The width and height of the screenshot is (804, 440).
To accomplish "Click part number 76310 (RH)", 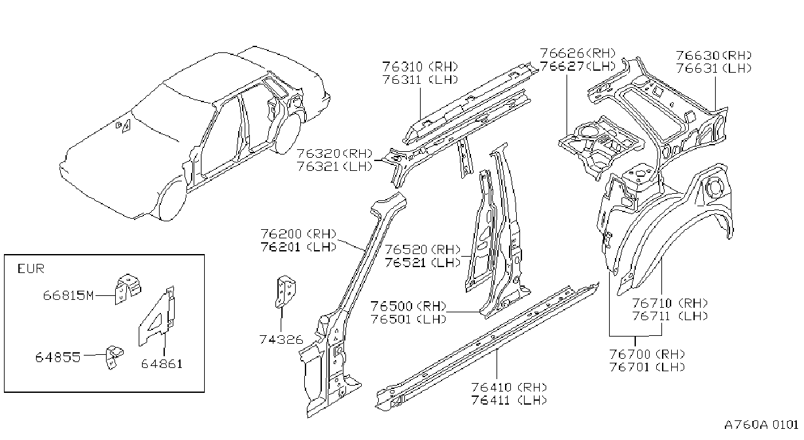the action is point(420,67).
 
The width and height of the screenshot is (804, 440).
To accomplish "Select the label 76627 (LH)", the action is point(578,66).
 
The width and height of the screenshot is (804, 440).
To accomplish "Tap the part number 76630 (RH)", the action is point(714,56).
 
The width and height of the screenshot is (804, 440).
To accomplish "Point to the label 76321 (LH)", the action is point(334,167).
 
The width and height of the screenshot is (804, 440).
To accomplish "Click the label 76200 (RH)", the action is point(298,234).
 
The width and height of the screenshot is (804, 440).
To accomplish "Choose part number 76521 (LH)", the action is point(423,263).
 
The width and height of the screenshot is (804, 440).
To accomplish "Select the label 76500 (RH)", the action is point(408,306).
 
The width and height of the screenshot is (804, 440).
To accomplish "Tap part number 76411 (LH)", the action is point(509,400).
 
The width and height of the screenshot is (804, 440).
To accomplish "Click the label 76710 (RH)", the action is point(670,304).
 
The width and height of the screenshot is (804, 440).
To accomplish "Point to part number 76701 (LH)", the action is point(647,367).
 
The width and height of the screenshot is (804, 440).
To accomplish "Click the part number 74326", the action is point(281,340).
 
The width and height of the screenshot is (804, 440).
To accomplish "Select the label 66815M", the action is point(68,295).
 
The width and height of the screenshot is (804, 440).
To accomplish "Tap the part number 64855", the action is point(58,357).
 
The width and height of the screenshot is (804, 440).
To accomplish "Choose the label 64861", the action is point(162,364).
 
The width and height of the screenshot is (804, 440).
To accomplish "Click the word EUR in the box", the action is point(31,268).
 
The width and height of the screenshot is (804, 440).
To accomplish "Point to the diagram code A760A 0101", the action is point(761,425).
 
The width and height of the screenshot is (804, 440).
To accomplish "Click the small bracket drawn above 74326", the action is point(286,291).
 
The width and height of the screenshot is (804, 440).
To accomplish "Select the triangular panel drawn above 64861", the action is point(157,316).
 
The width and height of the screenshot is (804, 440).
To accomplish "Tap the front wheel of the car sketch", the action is point(173,199).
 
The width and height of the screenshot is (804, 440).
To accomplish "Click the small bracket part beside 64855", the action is point(114,357).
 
